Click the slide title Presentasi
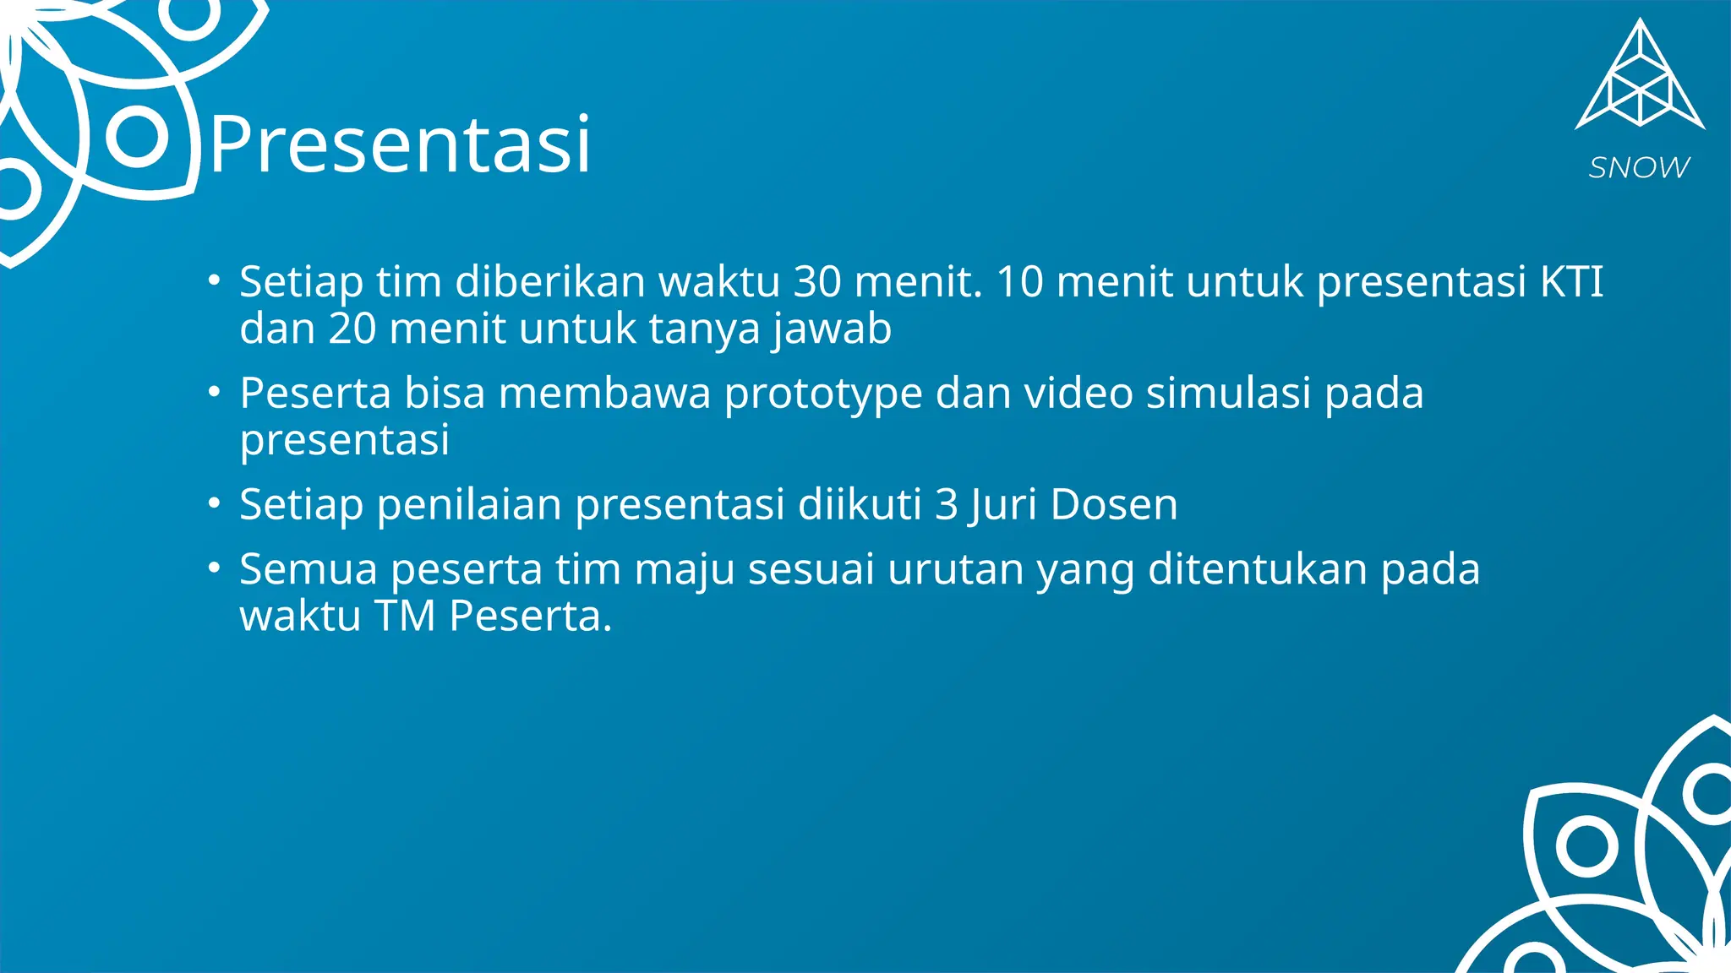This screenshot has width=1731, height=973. coord(400,145)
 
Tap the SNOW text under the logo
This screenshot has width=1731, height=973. coord(1639,168)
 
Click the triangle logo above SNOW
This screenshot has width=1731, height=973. coord(1640,80)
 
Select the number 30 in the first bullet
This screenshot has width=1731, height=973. coord(817,282)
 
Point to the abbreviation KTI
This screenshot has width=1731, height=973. coord(1571,282)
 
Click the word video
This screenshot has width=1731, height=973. coord(1078,394)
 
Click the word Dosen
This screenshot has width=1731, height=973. coord(1113,505)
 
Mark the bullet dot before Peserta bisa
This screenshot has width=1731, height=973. coord(215,392)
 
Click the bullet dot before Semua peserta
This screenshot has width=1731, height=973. coord(215,568)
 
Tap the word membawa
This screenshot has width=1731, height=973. coord(604,394)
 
